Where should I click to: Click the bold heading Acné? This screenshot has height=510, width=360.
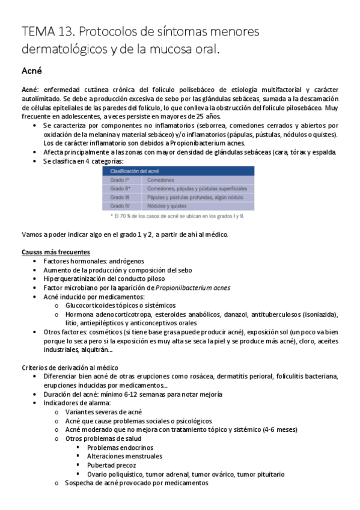(x=31, y=71)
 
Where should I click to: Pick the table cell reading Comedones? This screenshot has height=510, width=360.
(x=160, y=180)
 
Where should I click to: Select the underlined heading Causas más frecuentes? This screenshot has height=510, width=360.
(x=56, y=252)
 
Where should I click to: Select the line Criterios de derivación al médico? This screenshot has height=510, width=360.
(x=70, y=367)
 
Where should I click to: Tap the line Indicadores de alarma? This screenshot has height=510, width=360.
(x=77, y=403)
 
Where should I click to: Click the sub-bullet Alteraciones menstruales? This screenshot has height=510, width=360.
(x=124, y=456)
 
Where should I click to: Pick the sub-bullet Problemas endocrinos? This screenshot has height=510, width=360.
(x=120, y=447)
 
